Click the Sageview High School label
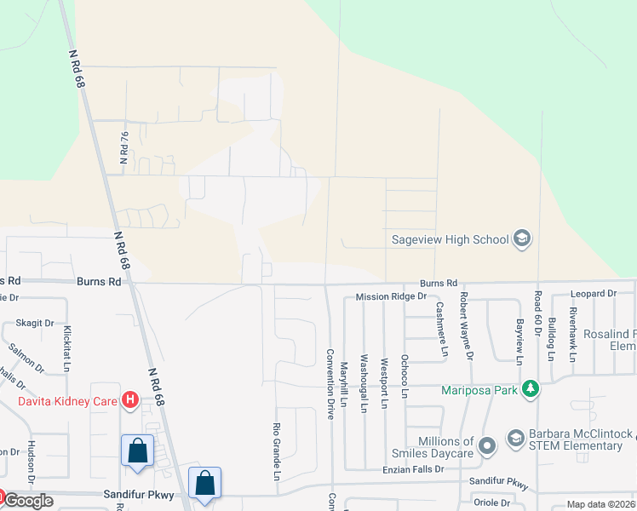449,239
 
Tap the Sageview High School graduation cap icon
522,239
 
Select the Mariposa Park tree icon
531,389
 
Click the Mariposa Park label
479,391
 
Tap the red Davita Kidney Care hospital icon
129,399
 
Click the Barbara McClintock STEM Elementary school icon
514,438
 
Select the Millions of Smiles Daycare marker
486,445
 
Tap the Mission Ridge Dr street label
391,296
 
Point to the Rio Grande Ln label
276,451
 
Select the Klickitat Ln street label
66,347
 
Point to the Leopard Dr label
594,293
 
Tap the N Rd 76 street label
124,147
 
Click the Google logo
28,501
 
